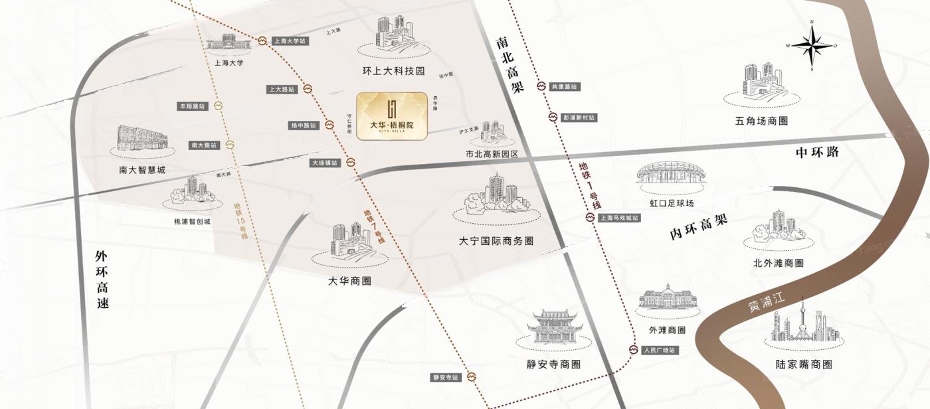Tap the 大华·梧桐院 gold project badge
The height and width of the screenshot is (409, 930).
pyautogui.click(x=391, y=116)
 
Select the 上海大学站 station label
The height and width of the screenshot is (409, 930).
pyautogui.click(x=290, y=41)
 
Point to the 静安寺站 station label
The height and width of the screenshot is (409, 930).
pyautogui.click(x=446, y=377)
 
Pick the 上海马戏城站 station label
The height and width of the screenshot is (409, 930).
pyautogui.click(x=618, y=218)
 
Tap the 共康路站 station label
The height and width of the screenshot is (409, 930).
pyautogui.click(x=565, y=87)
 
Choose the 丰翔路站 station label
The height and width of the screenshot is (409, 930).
pyautogui.click(x=192, y=106)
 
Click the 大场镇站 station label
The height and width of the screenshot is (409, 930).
pyautogui.click(x=325, y=163)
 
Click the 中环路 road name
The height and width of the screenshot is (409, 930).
pyautogui.click(x=817, y=152)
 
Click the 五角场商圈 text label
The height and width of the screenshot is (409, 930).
pyautogui.click(x=761, y=122)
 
